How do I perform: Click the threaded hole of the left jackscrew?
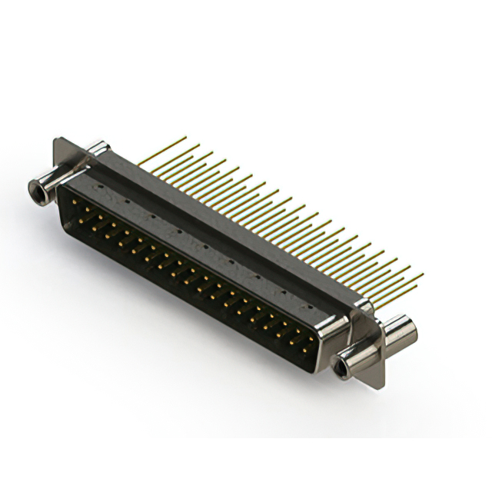click(x=34, y=185)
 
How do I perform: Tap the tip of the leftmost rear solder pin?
click(x=185, y=138)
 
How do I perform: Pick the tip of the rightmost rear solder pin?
click(x=422, y=274)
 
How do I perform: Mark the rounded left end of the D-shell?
click(x=64, y=201)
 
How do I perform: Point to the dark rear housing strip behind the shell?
click(x=231, y=223)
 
